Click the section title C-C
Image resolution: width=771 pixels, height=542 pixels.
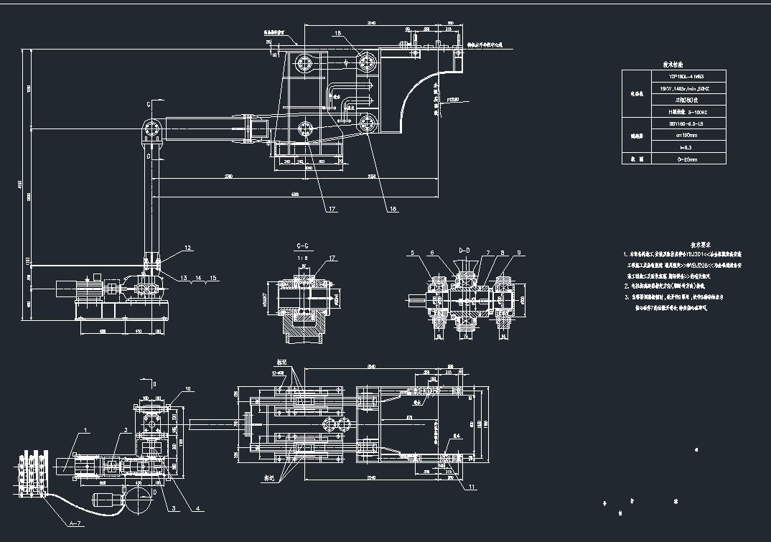pos(304,246)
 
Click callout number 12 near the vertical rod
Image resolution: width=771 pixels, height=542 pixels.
pos(187,248)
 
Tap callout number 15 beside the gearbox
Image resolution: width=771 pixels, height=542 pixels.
pos(213,277)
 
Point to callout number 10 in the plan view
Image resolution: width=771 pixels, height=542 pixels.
pos(189,389)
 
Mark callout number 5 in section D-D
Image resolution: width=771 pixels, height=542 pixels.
pos(414,253)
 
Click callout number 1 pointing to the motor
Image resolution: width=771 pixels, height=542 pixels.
pos(85,431)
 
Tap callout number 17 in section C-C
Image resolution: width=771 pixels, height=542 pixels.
pos(332,257)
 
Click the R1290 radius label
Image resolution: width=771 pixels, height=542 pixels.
pos(453,100)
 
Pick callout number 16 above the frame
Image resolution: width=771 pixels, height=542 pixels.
pos(337,34)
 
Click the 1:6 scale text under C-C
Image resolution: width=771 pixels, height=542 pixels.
pos(304,256)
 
